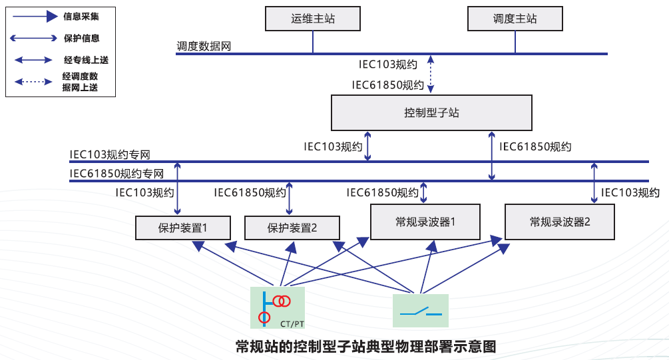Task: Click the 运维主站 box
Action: click(312, 19)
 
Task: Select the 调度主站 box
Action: click(515, 19)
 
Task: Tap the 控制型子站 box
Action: click(431, 112)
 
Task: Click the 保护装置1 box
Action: click(183, 228)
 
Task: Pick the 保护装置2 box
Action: click(292, 228)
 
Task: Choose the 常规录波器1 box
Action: click(425, 222)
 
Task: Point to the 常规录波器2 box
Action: click(560, 222)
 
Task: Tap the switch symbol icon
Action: click(421, 311)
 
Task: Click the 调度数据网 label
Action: click(204, 47)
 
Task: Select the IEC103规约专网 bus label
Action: click(110, 155)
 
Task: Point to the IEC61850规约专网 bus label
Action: click(116, 174)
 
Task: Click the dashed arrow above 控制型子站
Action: click(431, 74)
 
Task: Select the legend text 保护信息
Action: click(81, 38)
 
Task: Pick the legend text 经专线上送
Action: click(86, 60)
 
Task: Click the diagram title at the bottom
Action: click(366, 346)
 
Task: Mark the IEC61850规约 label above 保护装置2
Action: click(250, 193)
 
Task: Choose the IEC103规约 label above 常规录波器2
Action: click(630, 193)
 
